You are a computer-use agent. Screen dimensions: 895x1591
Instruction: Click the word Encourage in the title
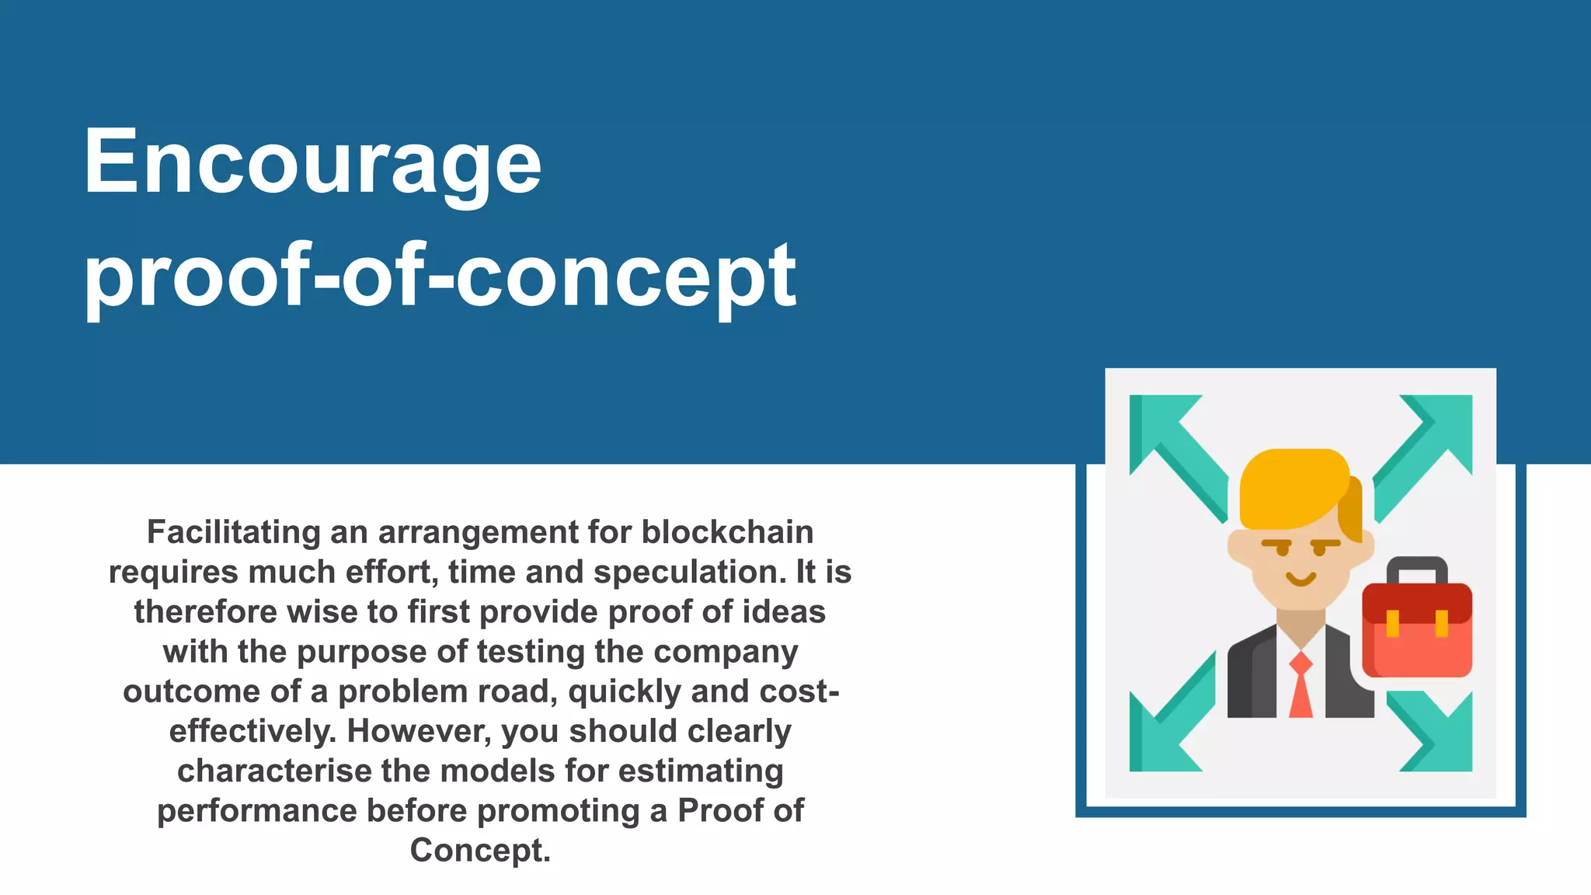pyautogui.click(x=312, y=163)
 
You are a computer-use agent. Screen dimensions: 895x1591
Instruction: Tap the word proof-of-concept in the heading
pyautogui.click(x=440, y=276)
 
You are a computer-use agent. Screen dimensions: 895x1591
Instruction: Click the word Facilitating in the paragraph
pyautogui.click(x=233, y=533)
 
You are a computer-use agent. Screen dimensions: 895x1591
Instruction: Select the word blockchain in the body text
pyautogui.click(x=727, y=533)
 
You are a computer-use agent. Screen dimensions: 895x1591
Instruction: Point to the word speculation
pyautogui.click(x=690, y=573)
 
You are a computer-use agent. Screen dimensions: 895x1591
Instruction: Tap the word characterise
pyautogui.click(x=274, y=771)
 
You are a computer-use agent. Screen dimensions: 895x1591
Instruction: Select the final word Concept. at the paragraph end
pyautogui.click(x=480, y=851)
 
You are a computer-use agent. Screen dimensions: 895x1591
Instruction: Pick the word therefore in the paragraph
pyautogui.click(x=205, y=612)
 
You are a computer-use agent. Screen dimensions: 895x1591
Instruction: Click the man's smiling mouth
pyautogui.click(x=1300, y=580)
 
